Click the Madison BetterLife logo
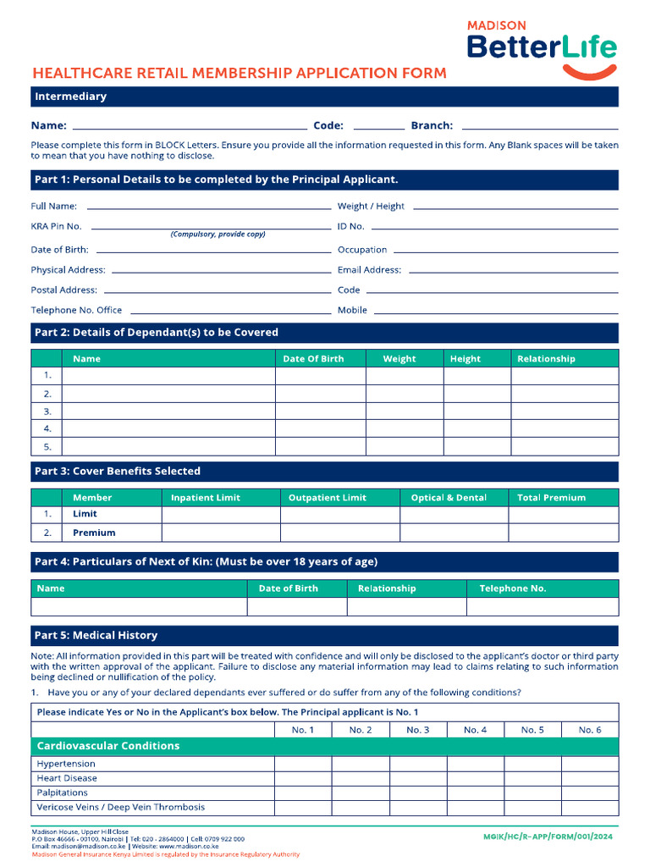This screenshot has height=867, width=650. tap(542, 48)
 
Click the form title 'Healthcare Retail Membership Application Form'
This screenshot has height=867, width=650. tap(239, 74)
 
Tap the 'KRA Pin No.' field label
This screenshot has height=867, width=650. tap(57, 226)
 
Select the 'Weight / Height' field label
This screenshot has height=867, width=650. tap(371, 206)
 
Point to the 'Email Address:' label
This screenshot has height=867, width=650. tap(369, 270)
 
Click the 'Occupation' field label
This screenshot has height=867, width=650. tap(362, 250)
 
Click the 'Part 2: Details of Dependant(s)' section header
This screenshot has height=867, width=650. tap(156, 333)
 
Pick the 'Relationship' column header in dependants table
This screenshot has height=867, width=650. tap(546, 359)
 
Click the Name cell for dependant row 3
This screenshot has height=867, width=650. tap(169, 411)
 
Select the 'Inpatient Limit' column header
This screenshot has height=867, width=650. tap(206, 498)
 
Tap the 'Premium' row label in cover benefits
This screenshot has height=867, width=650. tap(94, 533)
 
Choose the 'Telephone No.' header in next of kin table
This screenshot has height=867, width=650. tap(513, 588)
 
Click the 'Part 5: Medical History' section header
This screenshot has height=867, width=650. tap(96, 635)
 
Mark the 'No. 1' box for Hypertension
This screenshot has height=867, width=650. tap(303, 764)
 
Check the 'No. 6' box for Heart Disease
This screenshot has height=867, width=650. tap(590, 778)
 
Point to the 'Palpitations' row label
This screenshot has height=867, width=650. tap(63, 792)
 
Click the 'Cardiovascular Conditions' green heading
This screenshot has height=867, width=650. tap(108, 746)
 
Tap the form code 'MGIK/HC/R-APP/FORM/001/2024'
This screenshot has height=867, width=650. tap(547, 837)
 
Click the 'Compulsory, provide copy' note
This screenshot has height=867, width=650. tap(218, 235)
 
